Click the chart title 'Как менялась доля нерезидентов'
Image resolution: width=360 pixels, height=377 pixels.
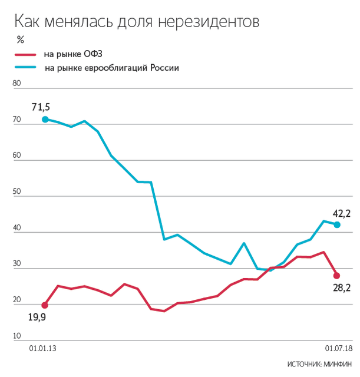136,22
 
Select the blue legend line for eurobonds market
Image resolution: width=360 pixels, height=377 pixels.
27,68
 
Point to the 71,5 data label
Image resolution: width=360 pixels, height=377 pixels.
41,107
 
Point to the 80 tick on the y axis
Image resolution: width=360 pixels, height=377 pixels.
16,84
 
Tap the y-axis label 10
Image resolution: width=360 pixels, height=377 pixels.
16,336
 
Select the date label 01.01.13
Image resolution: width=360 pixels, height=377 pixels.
42,349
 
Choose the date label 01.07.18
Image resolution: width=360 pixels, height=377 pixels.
339,349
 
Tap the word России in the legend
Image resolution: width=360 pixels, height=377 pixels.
164,68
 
